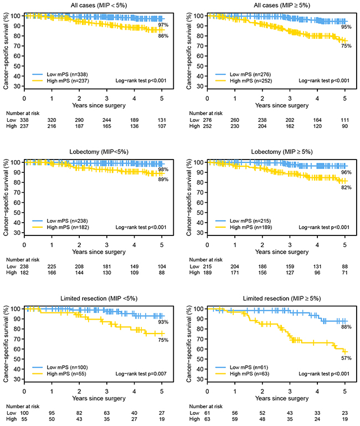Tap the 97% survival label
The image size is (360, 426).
(x=162, y=25)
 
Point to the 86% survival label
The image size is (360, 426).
(x=162, y=36)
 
